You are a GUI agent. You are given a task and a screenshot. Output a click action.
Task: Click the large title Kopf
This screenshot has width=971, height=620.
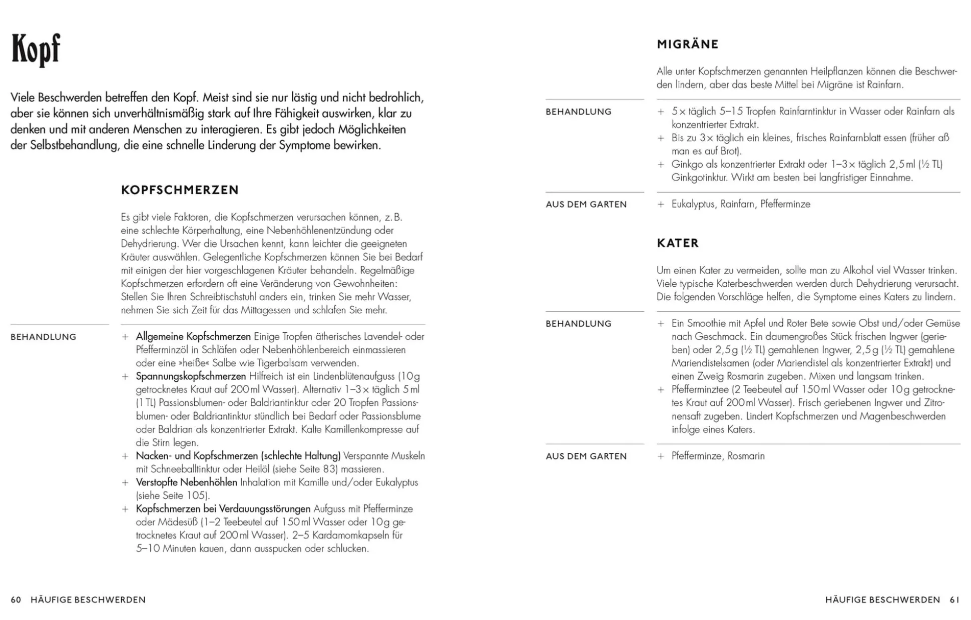pyautogui.click(x=36, y=50)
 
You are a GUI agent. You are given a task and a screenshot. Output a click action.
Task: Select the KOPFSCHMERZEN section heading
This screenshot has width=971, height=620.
pyautogui.click(x=180, y=190)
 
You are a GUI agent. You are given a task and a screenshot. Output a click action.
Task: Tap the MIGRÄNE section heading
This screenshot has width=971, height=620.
pyautogui.click(x=687, y=45)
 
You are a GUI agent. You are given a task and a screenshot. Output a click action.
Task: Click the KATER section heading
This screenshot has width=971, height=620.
pyautogui.click(x=677, y=243)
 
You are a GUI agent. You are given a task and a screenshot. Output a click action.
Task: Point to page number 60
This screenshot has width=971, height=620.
pyautogui.click(x=16, y=599)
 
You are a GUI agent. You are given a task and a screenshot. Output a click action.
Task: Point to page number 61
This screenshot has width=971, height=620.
pyautogui.click(x=954, y=599)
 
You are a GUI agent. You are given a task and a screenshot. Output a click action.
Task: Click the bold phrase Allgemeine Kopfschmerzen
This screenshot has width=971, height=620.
pyautogui.click(x=193, y=337)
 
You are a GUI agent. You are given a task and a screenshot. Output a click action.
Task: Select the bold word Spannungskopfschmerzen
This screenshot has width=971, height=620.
pyautogui.click(x=191, y=376)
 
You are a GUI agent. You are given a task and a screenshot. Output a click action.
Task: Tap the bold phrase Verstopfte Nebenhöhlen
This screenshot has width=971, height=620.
pyautogui.click(x=186, y=482)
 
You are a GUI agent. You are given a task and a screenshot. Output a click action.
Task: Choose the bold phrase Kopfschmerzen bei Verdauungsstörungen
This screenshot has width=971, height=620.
pyautogui.click(x=223, y=509)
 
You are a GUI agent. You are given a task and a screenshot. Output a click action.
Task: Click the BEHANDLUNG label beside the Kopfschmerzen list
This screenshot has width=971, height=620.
pyautogui.click(x=44, y=337)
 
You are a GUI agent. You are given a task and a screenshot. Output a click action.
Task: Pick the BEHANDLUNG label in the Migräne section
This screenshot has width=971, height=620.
pyautogui.click(x=578, y=112)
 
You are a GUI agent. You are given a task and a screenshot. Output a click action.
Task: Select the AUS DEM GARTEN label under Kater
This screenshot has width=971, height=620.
pyautogui.click(x=586, y=456)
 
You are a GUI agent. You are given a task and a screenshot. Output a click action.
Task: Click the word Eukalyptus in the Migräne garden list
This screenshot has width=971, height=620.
pyautogui.click(x=693, y=204)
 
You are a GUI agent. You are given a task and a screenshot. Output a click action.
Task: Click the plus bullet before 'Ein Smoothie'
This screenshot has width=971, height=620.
pyautogui.click(x=661, y=324)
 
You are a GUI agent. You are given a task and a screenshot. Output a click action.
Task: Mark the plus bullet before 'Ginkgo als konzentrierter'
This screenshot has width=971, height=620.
pyautogui.click(x=661, y=165)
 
